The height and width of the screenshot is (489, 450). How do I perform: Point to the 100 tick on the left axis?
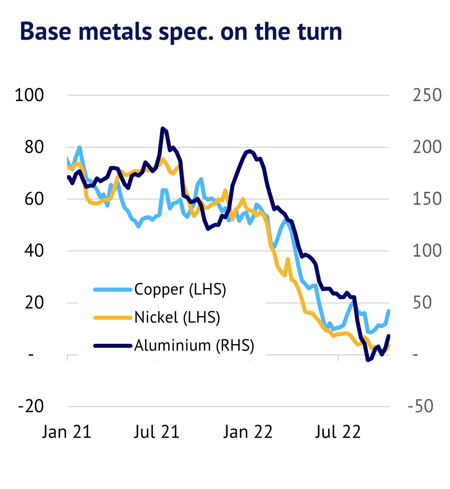click(29, 95)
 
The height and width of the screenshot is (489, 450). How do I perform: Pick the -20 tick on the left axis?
click(31, 406)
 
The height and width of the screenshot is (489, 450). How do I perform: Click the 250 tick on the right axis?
click(427, 95)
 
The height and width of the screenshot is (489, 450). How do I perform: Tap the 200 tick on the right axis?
click(427, 147)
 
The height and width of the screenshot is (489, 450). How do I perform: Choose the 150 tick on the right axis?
click(427, 199)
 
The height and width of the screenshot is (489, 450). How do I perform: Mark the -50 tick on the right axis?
click(420, 406)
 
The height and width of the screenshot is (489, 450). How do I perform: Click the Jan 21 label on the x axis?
click(67, 432)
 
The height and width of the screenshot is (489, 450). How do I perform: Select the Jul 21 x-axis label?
click(157, 432)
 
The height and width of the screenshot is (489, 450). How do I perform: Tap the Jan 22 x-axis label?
click(248, 432)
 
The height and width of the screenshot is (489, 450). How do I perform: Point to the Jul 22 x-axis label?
click(338, 432)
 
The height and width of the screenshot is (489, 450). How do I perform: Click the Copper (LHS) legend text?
click(180, 289)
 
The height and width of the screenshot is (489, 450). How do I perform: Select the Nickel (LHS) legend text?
click(177, 317)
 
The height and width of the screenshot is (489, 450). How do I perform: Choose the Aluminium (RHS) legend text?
click(194, 345)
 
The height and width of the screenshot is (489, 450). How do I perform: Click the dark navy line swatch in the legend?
click(113, 345)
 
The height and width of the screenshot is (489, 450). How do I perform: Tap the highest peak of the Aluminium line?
click(163, 128)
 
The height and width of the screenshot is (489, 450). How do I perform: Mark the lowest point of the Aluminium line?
click(368, 360)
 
